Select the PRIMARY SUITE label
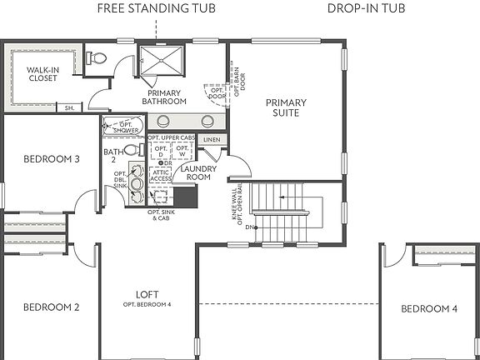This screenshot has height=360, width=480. point(286,108)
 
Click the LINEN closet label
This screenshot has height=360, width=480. point(212,140)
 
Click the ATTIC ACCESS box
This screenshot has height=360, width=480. point(161,174)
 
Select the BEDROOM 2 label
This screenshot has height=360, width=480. point(51,307)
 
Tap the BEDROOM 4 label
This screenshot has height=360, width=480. point(428,308)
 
